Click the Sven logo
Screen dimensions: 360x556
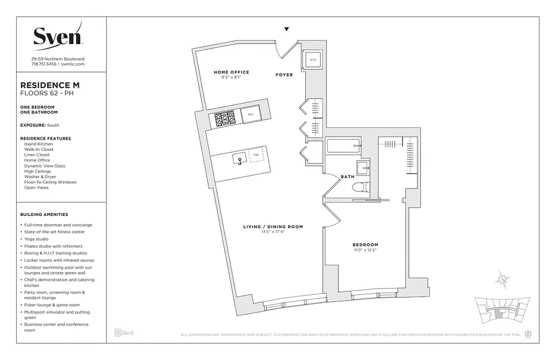[58, 35]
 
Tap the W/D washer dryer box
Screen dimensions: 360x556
[313, 59]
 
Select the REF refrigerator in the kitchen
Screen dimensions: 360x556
[251, 114]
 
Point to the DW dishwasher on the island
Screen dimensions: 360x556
[256, 155]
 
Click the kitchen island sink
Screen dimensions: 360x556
[239, 158]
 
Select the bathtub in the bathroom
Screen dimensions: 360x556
[342, 146]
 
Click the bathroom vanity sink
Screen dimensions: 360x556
[363, 169]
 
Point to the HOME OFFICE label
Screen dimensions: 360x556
[231, 72]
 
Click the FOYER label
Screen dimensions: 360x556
[284, 75]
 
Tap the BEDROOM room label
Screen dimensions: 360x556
[365, 245]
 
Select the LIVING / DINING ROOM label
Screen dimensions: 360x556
[273, 227]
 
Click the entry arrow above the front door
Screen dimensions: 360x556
[286, 30]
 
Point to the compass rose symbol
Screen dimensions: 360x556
[502, 279]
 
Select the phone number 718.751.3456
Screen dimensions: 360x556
[44, 64]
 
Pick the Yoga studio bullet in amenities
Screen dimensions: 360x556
[36, 239]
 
